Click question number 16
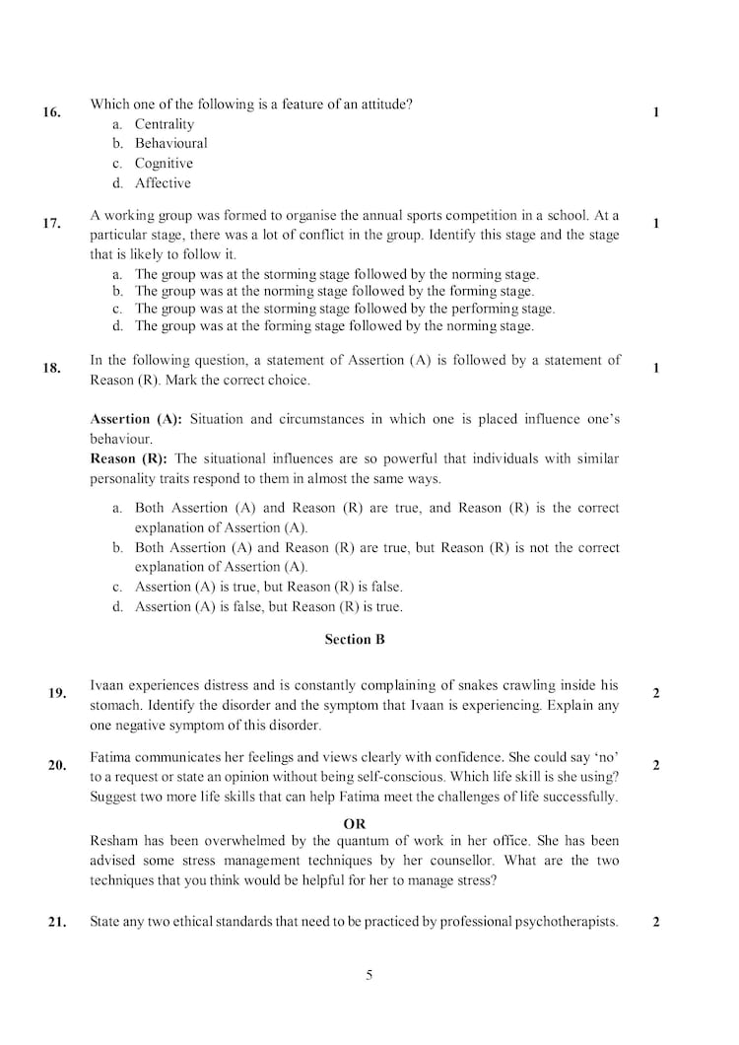tap(51, 112)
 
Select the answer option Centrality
tap(164, 124)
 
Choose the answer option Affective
tap(163, 183)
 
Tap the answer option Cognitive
tap(164, 164)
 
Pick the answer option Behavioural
tap(170, 144)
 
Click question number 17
tap(51, 223)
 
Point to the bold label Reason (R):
tap(128, 458)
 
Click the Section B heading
tap(355, 640)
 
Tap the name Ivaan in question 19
tap(107, 685)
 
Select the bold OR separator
tap(355, 823)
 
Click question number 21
tap(56, 923)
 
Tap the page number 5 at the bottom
tap(369, 976)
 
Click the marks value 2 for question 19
tap(656, 693)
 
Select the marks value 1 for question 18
tap(656, 368)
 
